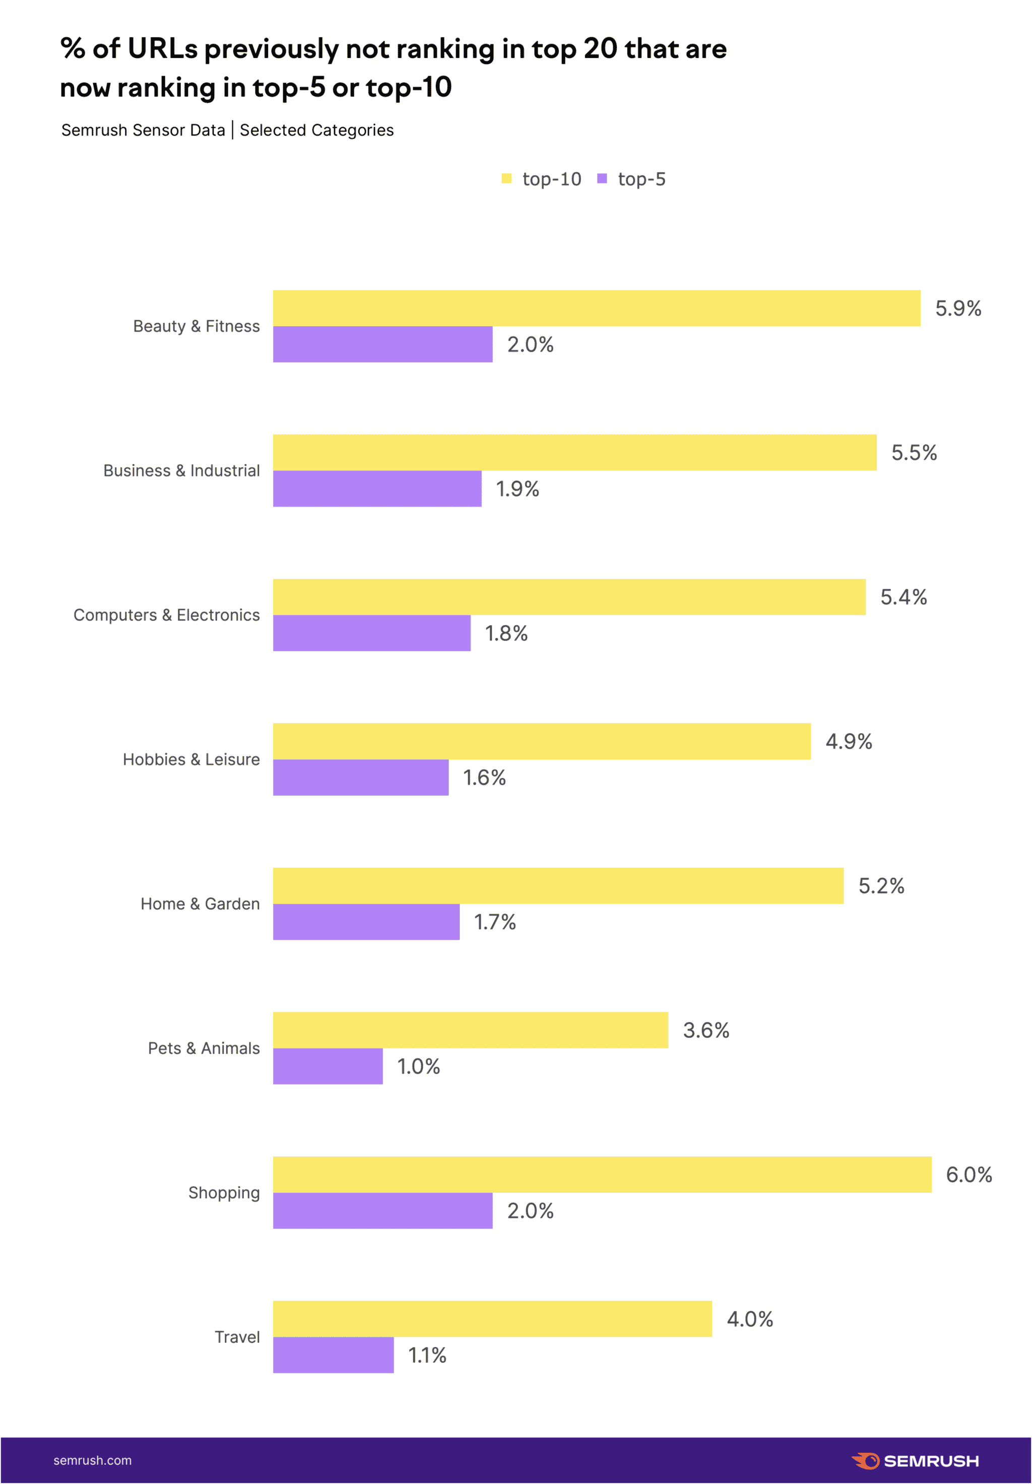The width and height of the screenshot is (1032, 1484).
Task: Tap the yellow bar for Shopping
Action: tap(602, 1174)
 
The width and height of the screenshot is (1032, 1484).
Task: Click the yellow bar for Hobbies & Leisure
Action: tap(542, 741)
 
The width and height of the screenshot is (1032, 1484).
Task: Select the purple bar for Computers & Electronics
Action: tap(371, 633)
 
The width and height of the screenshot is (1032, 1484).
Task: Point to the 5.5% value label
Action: tap(914, 453)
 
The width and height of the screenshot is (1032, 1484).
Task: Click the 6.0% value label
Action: tap(969, 1174)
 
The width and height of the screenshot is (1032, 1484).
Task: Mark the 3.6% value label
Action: tap(705, 1030)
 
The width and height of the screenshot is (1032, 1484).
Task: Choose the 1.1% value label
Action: tap(427, 1355)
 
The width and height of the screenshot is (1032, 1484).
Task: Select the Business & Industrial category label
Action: tap(181, 470)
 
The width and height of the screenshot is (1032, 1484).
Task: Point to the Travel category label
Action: tap(237, 1337)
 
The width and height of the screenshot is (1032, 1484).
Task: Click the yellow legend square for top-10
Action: tap(506, 178)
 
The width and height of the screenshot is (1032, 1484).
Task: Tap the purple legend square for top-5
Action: tap(602, 178)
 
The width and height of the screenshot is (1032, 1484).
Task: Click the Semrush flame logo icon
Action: tap(866, 1461)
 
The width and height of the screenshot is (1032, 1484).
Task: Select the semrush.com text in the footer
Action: tap(92, 1461)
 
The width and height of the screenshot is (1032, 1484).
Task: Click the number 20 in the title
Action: tap(600, 48)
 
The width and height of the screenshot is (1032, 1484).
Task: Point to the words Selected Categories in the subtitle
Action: tap(316, 130)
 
